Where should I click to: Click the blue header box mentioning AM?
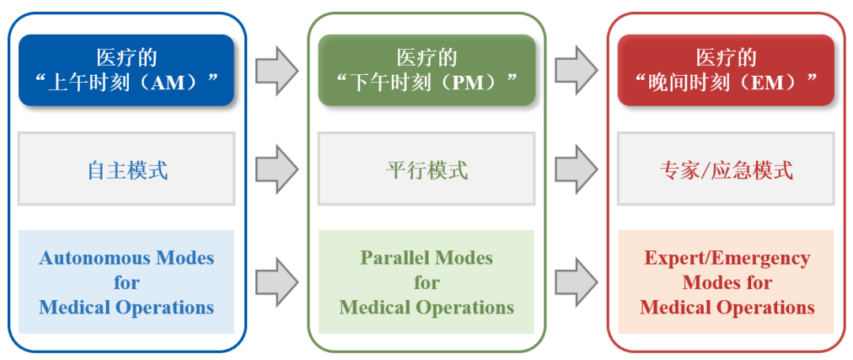click(126, 70)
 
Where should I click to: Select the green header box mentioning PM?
click(426, 70)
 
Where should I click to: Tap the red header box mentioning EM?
click(726, 70)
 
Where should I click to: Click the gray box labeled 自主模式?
click(126, 169)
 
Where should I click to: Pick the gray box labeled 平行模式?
click(426, 169)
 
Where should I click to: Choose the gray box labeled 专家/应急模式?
click(726, 169)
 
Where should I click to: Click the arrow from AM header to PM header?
click(277, 70)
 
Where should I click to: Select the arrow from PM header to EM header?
click(577, 70)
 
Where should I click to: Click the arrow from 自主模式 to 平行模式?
click(277, 169)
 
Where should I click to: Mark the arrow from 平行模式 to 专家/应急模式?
click(577, 169)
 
